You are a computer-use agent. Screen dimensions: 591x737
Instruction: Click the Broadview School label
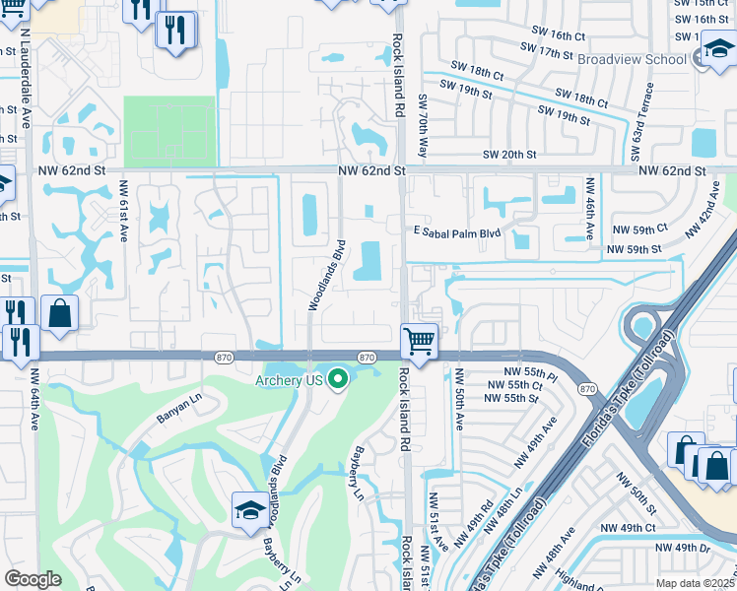click(632, 59)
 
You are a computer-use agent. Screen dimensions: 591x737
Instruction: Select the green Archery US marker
click(339, 379)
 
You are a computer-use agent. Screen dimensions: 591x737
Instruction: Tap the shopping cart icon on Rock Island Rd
click(420, 343)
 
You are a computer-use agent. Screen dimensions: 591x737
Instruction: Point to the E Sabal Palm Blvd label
click(457, 233)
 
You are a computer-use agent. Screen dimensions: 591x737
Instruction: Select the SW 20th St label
click(509, 155)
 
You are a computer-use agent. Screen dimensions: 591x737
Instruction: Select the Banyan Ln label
click(177, 410)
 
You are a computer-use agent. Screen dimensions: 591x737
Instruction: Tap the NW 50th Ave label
click(459, 400)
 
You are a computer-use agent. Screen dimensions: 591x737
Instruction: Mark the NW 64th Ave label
click(33, 405)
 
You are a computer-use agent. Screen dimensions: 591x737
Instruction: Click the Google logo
click(33, 579)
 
